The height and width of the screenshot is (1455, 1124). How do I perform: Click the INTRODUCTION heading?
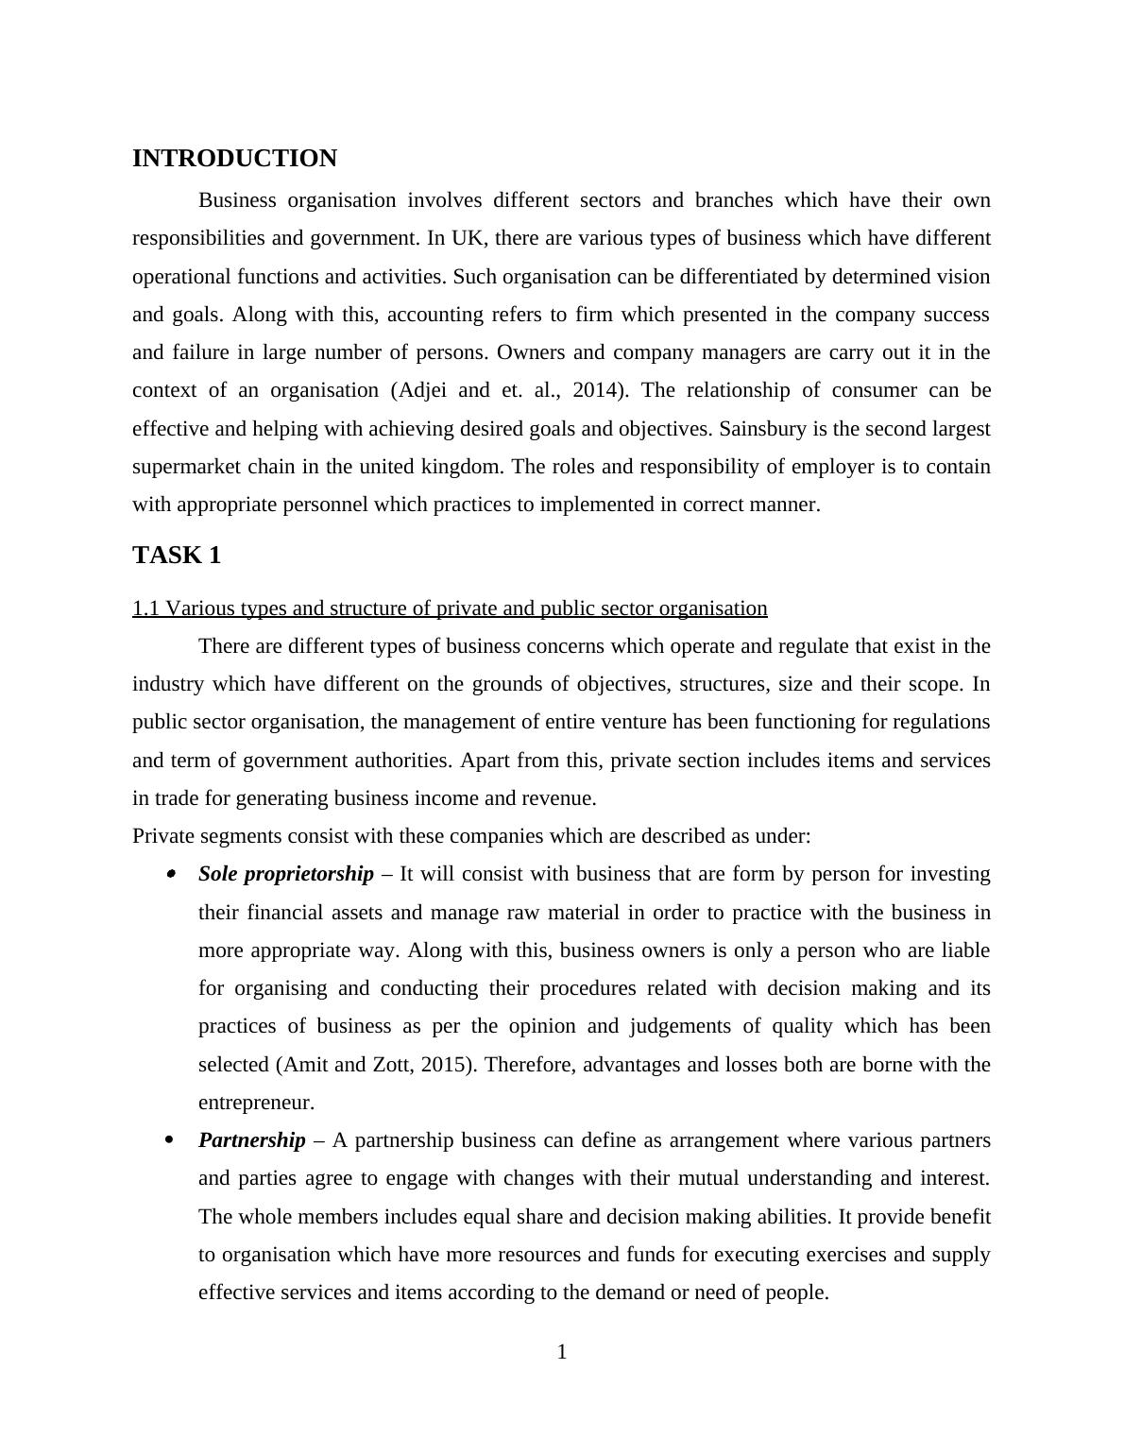(x=234, y=159)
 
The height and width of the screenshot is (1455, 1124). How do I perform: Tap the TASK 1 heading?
(x=177, y=556)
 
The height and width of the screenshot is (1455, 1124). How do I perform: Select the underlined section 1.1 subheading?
(x=450, y=608)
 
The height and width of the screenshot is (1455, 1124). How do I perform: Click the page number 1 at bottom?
(x=562, y=1353)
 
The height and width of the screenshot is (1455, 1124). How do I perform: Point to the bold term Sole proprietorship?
(x=285, y=874)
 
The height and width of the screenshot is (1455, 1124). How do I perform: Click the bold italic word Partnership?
(x=251, y=1140)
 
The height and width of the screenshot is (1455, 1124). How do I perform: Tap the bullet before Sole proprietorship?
(x=170, y=875)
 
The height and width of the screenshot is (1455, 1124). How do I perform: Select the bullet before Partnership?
(x=170, y=1140)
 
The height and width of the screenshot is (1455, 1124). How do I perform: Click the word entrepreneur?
(x=255, y=1103)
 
